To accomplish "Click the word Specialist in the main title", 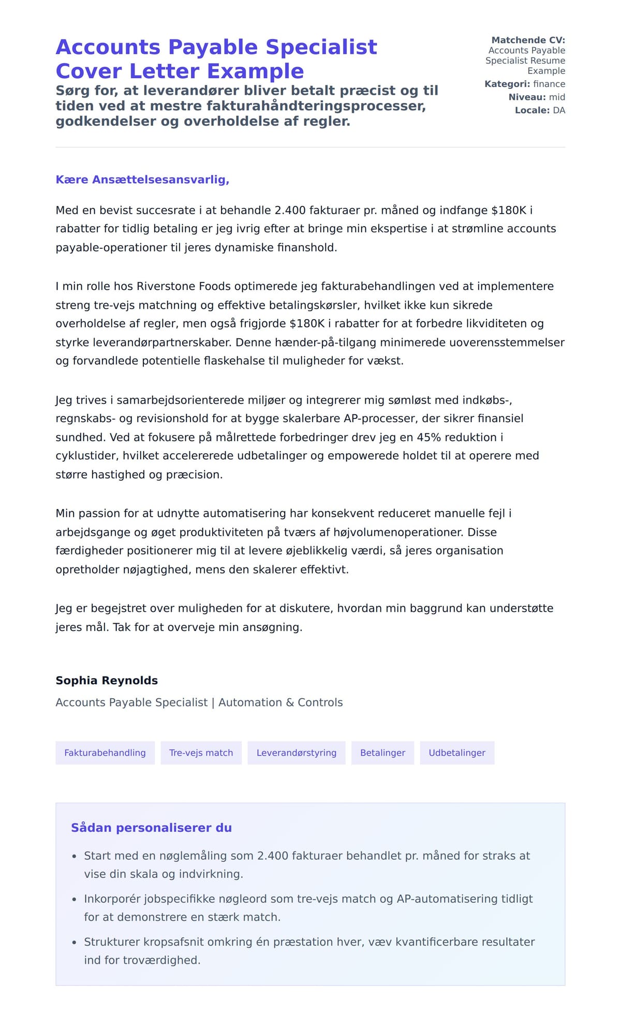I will tap(321, 47).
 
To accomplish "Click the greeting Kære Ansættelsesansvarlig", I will tap(142, 179).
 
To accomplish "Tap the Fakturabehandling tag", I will tap(105, 753).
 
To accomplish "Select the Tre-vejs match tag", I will tap(201, 753).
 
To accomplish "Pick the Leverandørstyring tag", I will tap(296, 753).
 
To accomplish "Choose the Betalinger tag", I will tap(382, 753).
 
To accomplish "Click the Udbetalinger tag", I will tap(457, 753).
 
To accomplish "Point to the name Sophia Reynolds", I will tap(107, 680).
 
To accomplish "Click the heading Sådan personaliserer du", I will tap(151, 828).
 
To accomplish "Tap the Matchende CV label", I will tap(528, 40).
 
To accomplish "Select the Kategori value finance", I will tap(549, 84).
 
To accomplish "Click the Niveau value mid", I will tap(557, 97).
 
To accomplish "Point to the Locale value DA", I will tap(559, 110).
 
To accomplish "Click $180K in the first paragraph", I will tap(508, 210).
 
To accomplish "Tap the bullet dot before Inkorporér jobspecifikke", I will tap(75, 899).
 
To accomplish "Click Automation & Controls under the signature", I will tap(280, 702).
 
